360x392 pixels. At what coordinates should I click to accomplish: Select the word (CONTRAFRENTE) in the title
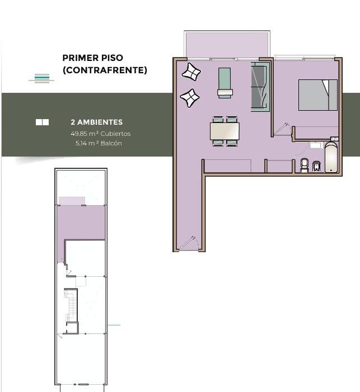click(x=105, y=70)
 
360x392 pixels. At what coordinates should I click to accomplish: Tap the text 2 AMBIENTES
click(x=97, y=122)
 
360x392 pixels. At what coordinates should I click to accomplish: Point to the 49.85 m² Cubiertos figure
click(x=101, y=134)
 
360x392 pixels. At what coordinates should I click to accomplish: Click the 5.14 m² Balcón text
click(x=99, y=143)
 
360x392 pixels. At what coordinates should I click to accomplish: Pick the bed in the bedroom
click(x=318, y=95)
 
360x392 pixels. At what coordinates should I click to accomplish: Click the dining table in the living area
click(x=225, y=131)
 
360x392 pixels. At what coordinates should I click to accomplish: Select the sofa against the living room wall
click(x=260, y=87)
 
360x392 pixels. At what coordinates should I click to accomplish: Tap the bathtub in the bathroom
click(x=331, y=158)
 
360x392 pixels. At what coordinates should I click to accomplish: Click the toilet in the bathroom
click(x=304, y=166)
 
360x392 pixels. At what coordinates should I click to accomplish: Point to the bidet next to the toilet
click(x=316, y=166)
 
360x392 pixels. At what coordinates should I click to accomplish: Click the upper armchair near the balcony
click(x=191, y=72)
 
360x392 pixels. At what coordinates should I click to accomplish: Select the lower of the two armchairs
click(x=190, y=98)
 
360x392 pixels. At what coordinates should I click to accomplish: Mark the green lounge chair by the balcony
click(x=225, y=83)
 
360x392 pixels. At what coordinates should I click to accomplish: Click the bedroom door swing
click(x=282, y=129)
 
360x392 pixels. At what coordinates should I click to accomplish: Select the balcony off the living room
click(x=227, y=45)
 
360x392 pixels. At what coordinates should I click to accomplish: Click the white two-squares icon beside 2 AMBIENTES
click(x=43, y=122)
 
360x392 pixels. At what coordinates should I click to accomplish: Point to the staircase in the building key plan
click(x=72, y=305)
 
